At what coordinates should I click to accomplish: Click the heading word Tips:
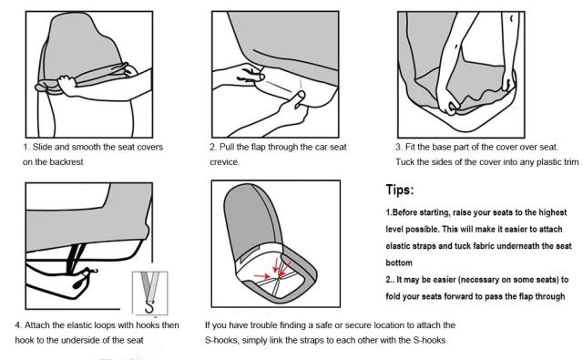[400, 190]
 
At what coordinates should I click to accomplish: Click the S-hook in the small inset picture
[149, 307]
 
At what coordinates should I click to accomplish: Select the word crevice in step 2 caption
[223, 162]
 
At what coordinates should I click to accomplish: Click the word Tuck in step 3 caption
[404, 162]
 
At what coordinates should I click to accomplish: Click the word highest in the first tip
[553, 212]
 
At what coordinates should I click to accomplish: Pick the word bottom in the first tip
[399, 262]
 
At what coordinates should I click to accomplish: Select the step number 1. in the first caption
[26, 148]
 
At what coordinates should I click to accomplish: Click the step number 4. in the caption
[18, 325]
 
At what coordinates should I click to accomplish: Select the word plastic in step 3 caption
[548, 162]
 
